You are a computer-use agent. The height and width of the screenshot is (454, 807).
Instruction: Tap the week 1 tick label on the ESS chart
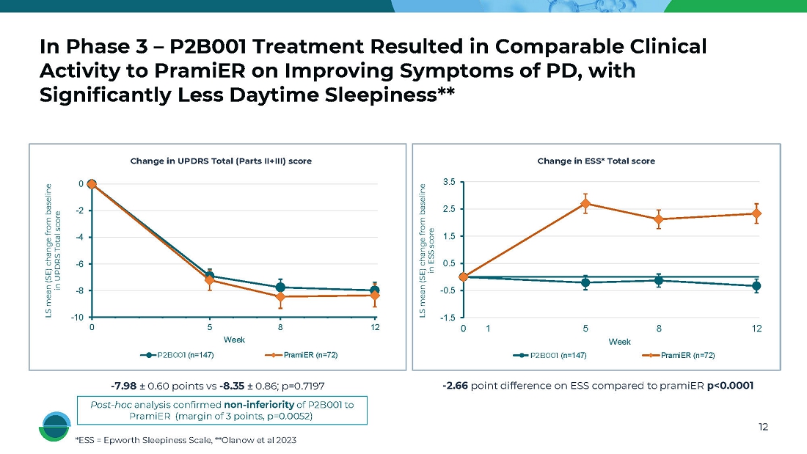tap(488, 329)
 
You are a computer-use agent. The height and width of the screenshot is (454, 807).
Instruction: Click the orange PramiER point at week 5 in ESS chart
tap(585, 203)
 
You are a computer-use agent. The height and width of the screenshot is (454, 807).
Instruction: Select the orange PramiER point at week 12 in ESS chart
tap(756, 213)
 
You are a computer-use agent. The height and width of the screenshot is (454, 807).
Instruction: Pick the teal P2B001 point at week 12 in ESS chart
tap(756, 286)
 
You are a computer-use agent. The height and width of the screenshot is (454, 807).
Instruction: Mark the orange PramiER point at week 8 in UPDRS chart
tap(280, 297)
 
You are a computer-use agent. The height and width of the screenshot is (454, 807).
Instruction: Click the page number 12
tap(762, 428)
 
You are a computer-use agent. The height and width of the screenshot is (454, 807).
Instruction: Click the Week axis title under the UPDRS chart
tap(234, 340)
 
